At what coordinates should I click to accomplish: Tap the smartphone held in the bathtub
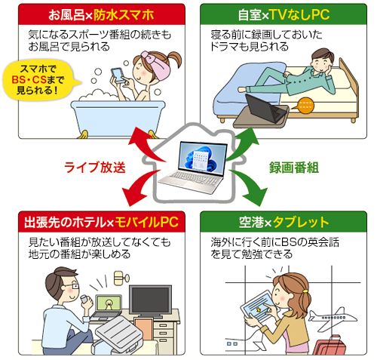[118, 75]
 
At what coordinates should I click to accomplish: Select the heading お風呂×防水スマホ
[101, 15]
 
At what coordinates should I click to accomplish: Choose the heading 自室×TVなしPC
[284, 14]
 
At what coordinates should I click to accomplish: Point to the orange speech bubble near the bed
[304, 106]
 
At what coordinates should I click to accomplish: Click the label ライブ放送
[94, 168]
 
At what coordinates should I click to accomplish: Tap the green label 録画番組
[294, 168]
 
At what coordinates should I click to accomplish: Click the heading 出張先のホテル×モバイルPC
[101, 222]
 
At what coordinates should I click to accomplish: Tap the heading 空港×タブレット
[284, 222]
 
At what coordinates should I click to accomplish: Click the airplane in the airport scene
[332, 318]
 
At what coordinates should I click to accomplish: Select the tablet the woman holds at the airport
[259, 307]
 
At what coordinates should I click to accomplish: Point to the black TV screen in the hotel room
[150, 300]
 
